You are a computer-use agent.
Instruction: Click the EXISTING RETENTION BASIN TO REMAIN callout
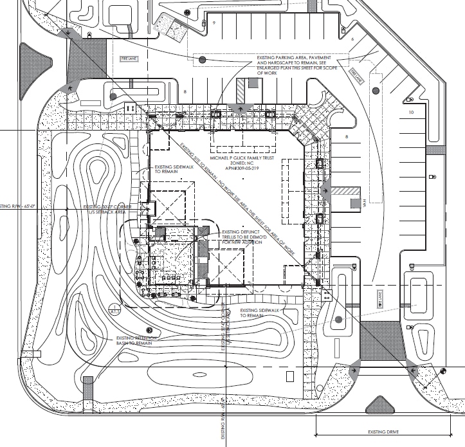(136, 341)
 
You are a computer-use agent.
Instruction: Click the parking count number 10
(411, 112)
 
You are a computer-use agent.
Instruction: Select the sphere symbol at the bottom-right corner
(444, 370)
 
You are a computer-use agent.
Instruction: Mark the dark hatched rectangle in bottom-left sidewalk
(88, 385)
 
